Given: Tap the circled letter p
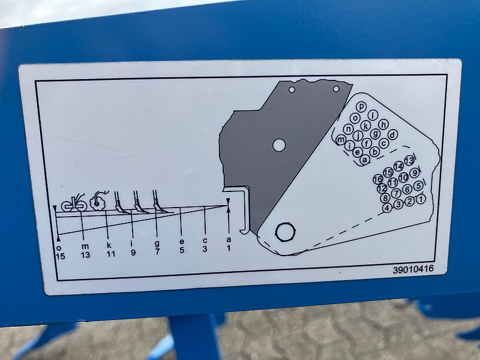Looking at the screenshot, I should (x=361, y=107).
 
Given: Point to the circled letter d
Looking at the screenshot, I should (x=392, y=134).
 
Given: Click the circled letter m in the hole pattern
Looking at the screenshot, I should (x=341, y=140).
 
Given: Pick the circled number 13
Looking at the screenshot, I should (x=409, y=161).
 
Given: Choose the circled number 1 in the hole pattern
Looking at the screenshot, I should (x=420, y=199).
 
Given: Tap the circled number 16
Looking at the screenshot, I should (x=378, y=179).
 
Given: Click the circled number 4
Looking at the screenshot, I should (x=388, y=208).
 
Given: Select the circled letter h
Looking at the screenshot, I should (x=383, y=124).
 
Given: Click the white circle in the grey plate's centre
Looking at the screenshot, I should (x=279, y=145).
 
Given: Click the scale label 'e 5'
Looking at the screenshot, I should (x=181, y=248).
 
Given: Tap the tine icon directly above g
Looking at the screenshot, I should (x=159, y=202).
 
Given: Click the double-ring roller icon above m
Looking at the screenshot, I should (x=73, y=204).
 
